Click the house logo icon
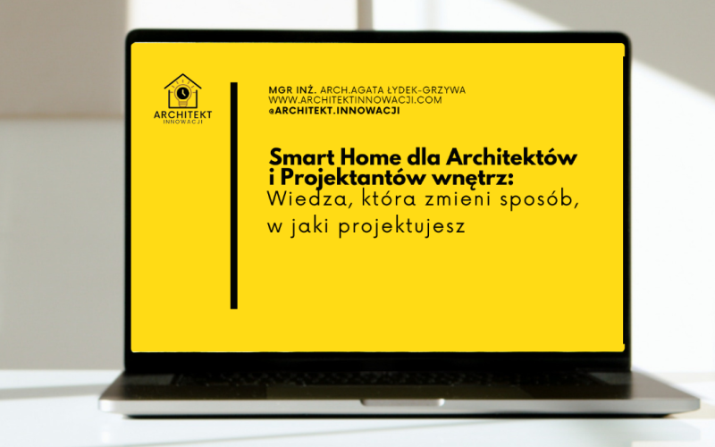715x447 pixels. (x=183, y=90)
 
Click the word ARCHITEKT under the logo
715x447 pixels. (x=183, y=114)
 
